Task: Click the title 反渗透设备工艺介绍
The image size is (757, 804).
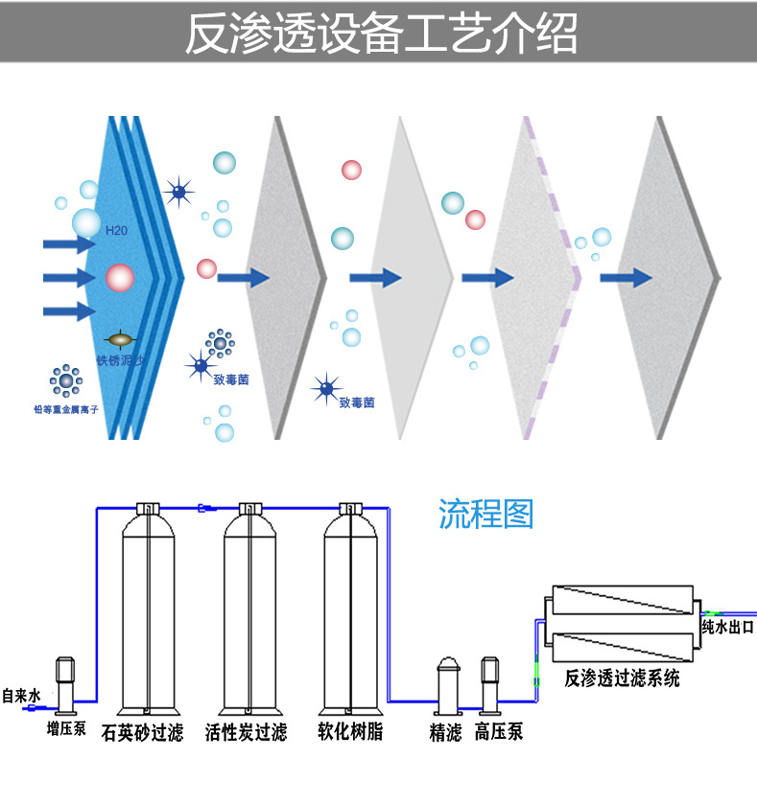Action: tap(379, 34)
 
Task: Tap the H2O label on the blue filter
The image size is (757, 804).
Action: tap(115, 231)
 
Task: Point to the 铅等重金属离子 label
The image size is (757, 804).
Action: tap(66, 410)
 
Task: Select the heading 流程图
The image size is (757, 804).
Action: tap(485, 515)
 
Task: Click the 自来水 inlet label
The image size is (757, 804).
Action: tap(20, 696)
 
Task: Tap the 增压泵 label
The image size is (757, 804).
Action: tap(66, 730)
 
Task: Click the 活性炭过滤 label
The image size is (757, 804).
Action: tap(246, 733)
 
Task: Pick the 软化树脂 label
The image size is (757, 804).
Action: tap(350, 733)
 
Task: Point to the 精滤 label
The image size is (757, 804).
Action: tap(445, 734)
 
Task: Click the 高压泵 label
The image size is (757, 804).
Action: tap(499, 734)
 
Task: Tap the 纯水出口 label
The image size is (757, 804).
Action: tap(727, 628)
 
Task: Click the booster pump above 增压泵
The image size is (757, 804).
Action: tap(66, 683)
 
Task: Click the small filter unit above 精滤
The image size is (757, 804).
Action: tap(447, 686)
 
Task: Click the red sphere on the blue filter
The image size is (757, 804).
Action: tap(119, 279)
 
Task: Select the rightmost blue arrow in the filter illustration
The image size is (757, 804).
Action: tap(627, 278)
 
